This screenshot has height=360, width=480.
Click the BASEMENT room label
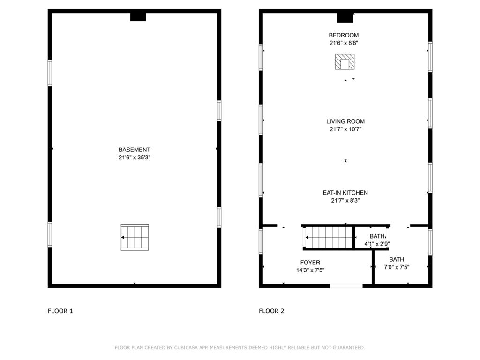(x=134, y=150)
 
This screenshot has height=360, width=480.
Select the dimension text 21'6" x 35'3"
(x=134, y=157)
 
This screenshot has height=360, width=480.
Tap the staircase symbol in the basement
(x=135, y=237)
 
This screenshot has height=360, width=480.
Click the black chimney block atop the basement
(x=138, y=17)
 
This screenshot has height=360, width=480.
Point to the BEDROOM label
(x=344, y=35)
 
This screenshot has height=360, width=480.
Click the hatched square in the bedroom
(x=345, y=62)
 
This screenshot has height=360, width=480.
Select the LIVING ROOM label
(x=345, y=121)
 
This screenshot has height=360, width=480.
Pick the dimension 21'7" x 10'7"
(x=345, y=129)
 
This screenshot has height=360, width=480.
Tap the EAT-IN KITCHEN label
(x=345, y=193)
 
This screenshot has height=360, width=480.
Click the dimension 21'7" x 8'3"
(x=345, y=201)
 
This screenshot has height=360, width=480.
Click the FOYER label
(x=310, y=262)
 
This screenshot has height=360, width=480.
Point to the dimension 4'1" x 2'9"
(x=377, y=244)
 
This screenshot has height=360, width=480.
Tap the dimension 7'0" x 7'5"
(x=397, y=267)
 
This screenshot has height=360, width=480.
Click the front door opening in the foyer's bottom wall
(x=346, y=285)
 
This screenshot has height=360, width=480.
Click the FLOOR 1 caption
(x=60, y=311)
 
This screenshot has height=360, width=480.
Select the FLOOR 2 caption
(x=271, y=311)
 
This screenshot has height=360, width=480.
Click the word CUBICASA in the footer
(x=186, y=348)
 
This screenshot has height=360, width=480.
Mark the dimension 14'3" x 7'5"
(x=310, y=270)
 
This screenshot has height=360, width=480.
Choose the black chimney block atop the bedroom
(x=345, y=17)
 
